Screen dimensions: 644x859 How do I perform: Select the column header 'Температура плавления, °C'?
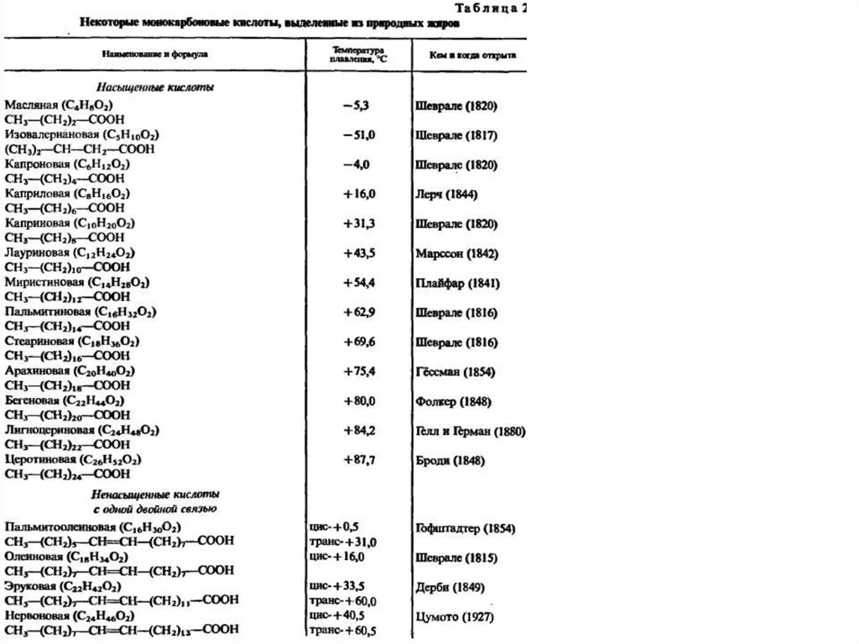click(x=357, y=55)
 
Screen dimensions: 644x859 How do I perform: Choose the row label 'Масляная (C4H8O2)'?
click(x=58, y=105)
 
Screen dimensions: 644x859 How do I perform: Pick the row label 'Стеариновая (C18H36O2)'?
click(x=71, y=343)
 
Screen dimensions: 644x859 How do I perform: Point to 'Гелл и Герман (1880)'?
click(x=470, y=432)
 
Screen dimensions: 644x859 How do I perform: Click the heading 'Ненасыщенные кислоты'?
click(x=156, y=494)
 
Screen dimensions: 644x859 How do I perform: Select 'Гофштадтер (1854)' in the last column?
click(x=466, y=528)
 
